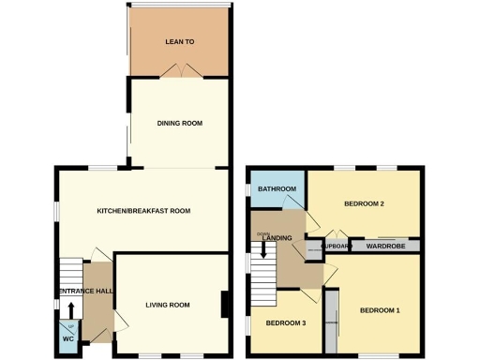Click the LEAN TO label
click(178, 42)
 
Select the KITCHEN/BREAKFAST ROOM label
click(143, 211)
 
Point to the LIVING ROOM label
click(168, 305)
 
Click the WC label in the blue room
click(67, 338)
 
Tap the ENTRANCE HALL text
click(86, 292)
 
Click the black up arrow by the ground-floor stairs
click(70, 311)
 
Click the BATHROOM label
click(277, 189)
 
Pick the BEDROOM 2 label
click(365, 203)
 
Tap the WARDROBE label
click(384, 247)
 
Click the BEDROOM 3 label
click(285, 323)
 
